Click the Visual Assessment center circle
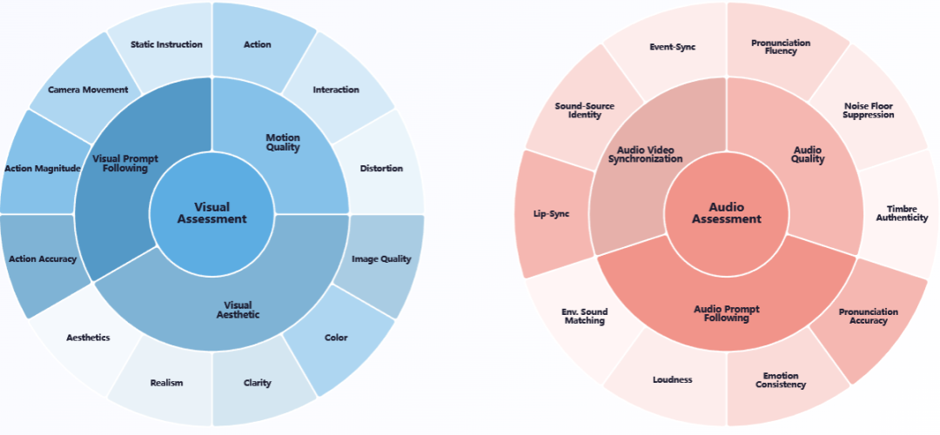211,213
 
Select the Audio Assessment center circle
726,213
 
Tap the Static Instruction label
166,44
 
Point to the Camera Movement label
88,90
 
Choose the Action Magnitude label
42,168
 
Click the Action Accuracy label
42,258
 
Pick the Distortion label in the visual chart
381,168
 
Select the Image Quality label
381,258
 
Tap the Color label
336,338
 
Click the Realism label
166,383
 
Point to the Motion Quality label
282,142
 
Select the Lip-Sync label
551,213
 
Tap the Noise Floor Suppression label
869,110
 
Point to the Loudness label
672,379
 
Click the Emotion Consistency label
781,380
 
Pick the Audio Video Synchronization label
644,154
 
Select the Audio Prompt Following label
726,313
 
